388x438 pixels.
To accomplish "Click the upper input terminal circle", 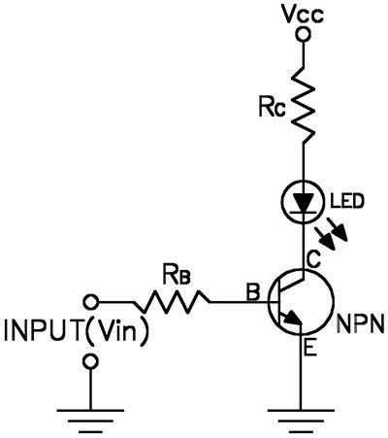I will click(x=92, y=301).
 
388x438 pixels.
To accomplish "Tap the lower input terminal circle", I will click(x=92, y=360).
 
